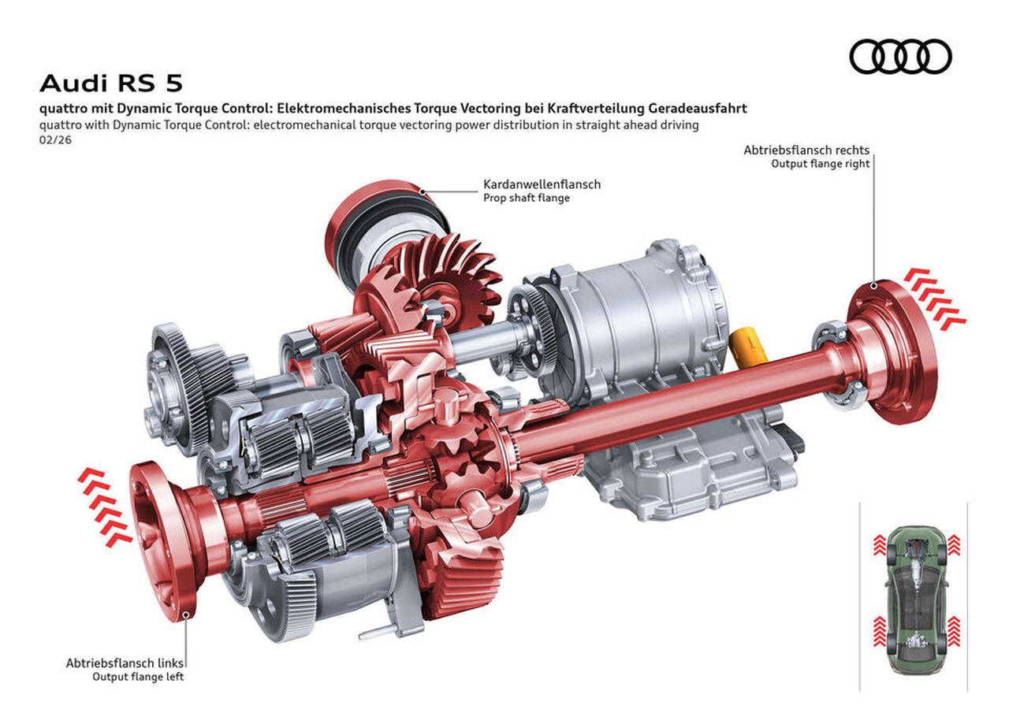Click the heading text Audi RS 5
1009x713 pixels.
click(111, 84)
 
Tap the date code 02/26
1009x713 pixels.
click(55, 139)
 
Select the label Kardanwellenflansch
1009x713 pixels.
click(542, 184)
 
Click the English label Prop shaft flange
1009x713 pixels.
click(526, 198)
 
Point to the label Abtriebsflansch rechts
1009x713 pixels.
click(806, 150)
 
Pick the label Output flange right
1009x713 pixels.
click(821, 163)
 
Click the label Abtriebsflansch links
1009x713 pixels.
click(125, 663)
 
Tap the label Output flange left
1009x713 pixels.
click(138, 677)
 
